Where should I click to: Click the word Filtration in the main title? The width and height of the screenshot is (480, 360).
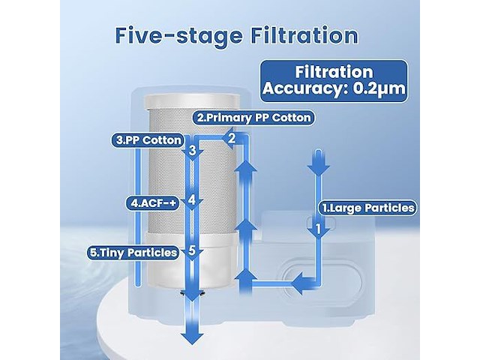(x=304, y=36)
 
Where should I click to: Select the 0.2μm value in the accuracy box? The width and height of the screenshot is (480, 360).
(x=379, y=88)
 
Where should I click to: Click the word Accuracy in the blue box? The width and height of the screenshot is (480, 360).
(x=306, y=88)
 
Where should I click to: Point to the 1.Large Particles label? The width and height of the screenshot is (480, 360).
(x=368, y=208)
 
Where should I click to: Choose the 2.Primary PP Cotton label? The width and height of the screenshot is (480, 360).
(x=253, y=118)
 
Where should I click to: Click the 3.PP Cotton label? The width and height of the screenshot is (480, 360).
(x=148, y=140)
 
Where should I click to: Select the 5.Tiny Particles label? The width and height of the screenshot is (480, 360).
(x=133, y=253)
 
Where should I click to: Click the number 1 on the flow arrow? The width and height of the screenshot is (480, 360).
(x=318, y=229)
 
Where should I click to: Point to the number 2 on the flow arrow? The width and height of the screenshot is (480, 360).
(x=232, y=139)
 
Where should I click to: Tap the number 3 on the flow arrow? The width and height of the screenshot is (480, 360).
(x=192, y=151)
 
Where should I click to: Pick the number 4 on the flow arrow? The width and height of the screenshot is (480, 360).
(x=192, y=200)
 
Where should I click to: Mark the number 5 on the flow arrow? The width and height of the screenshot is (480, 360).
(x=192, y=250)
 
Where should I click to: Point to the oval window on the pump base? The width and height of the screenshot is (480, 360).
(x=322, y=281)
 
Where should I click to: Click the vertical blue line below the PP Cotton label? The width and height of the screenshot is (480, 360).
(x=138, y=217)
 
